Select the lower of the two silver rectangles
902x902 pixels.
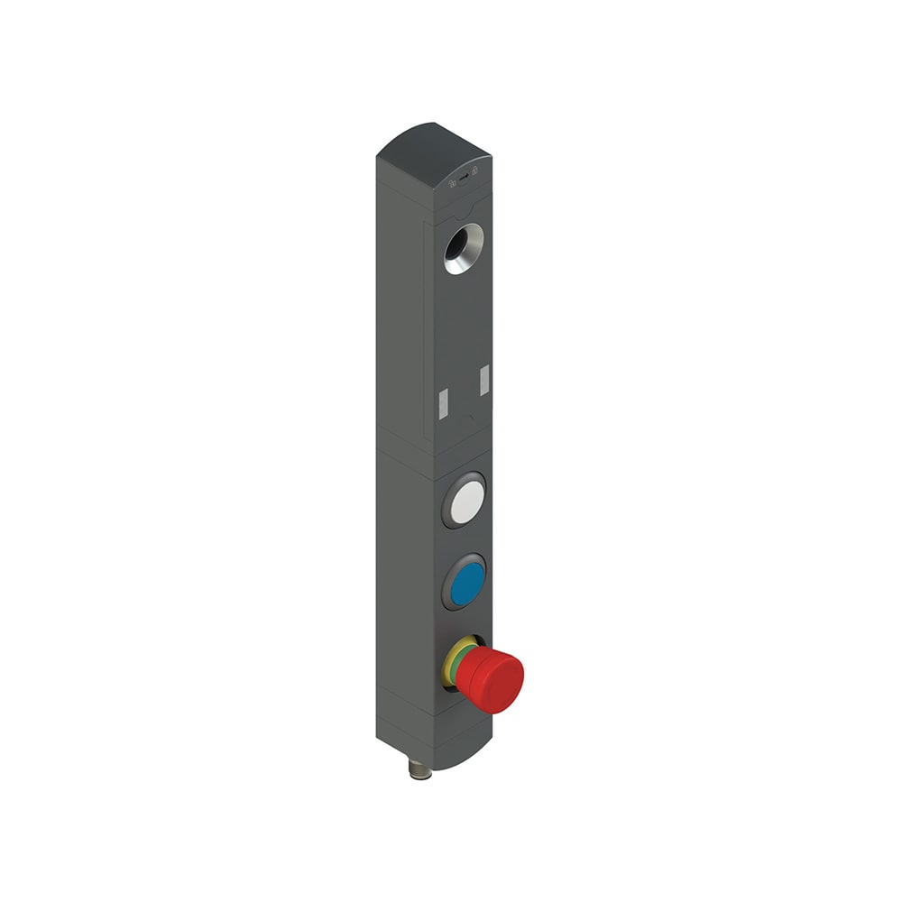point(442,404)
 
